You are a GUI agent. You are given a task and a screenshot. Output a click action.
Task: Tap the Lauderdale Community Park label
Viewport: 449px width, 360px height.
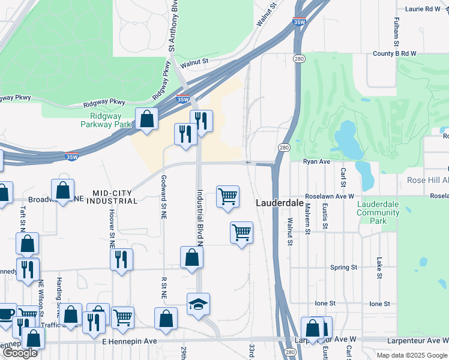(378, 212)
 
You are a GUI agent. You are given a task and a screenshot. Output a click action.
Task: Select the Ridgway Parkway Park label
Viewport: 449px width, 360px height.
(106, 120)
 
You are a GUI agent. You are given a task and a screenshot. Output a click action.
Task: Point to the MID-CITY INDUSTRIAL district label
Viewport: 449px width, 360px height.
(112, 196)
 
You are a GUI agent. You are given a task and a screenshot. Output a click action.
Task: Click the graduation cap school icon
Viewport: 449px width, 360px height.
(198, 304)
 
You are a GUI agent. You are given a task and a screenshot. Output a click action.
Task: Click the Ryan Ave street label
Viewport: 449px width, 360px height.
(317, 162)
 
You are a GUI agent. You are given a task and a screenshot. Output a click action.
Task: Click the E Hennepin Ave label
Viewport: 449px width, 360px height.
(129, 341)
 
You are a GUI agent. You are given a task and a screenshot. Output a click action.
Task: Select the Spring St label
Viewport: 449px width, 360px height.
(344, 267)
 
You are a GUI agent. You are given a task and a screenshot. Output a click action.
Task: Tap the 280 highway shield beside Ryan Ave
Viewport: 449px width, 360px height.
(285, 148)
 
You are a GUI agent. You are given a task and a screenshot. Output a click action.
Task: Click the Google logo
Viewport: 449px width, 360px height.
(20, 353)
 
